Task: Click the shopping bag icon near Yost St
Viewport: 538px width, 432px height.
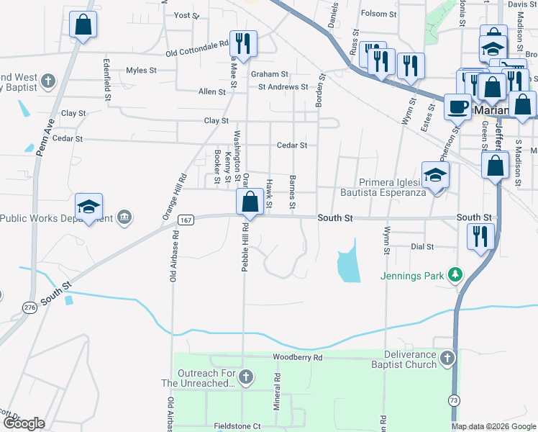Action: tap(83, 24)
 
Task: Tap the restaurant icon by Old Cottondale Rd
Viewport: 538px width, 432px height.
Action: tap(243, 43)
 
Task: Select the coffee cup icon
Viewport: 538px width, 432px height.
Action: tap(457, 107)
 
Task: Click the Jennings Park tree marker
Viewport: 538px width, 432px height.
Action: tap(455, 274)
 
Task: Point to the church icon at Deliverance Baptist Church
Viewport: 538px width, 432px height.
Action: tap(447, 358)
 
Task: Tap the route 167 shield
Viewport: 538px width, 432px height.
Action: tap(185, 220)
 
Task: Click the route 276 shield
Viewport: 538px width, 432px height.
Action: tap(29, 307)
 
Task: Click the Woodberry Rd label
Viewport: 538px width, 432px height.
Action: tap(298, 357)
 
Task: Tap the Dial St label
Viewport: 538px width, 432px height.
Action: tap(422, 246)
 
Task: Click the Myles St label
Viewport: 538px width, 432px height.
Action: tap(141, 70)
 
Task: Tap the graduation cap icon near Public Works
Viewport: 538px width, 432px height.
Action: tap(89, 207)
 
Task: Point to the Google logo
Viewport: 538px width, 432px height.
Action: tap(23, 423)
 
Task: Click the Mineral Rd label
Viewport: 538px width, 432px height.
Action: tap(277, 392)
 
